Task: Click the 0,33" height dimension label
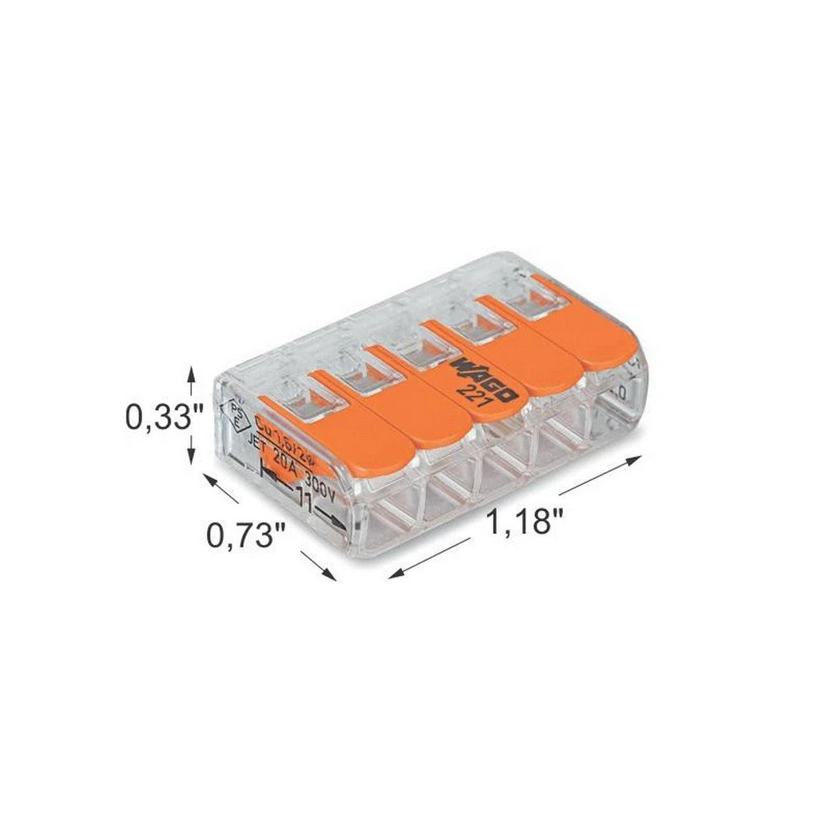[164, 417]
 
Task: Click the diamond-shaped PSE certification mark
[236, 413]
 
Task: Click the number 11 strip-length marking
[304, 499]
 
